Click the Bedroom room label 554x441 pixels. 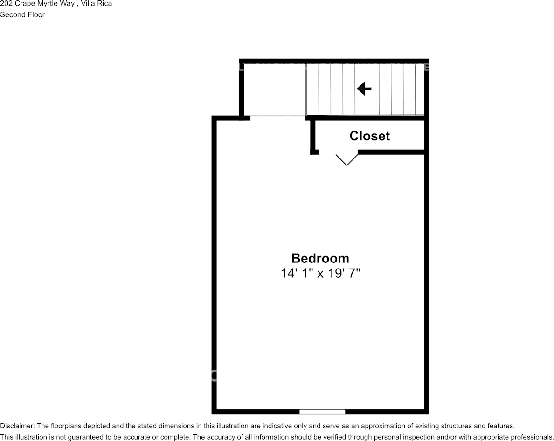pyautogui.click(x=320, y=258)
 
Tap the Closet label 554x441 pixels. pyautogui.click(x=369, y=136)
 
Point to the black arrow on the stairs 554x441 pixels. pyautogui.click(x=364, y=88)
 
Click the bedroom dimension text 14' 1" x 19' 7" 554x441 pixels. pyautogui.click(x=320, y=273)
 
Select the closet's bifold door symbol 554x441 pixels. pyautogui.click(x=347, y=159)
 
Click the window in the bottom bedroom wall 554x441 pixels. pyautogui.click(x=322, y=412)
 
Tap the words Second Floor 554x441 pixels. pyautogui.click(x=22, y=14)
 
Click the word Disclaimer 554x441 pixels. pyautogui.click(x=17, y=426)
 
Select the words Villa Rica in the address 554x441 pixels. pyautogui.click(x=97, y=4)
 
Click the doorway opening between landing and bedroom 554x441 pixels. pyautogui.click(x=277, y=117)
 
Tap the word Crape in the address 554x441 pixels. pyautogui.click(x=24, y=4)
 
